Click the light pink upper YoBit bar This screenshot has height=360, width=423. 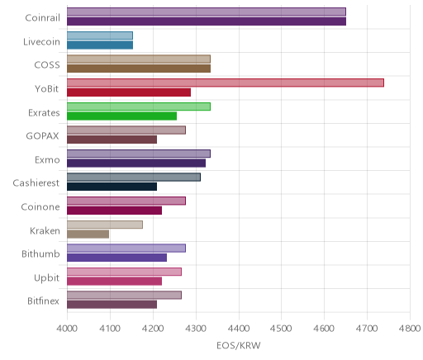[x=226, y=83]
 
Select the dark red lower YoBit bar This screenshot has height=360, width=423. [x=129, y=92]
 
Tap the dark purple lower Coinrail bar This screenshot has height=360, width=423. [x=207, y=21]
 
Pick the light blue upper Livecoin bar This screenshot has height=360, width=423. [x=100, y=36]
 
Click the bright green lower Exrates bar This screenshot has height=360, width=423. [x=121, y=116]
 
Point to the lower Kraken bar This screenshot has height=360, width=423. [x=88, y=234]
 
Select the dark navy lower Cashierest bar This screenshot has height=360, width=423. [x=112, y=187]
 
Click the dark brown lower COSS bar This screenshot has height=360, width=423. [x=139, y=69]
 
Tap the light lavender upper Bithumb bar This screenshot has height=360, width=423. [x=126, y=248]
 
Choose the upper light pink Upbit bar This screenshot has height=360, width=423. [x=124, y=272]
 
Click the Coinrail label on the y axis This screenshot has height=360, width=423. [x=42, y=18]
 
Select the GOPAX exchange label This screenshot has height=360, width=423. [x=42, y=136]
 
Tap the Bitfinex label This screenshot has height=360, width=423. [x=43, y=301]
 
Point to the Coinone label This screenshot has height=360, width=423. [x=40, y=206]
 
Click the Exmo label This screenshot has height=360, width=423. [x=47, y=160]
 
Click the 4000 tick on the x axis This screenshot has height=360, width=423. [x=67, y=329]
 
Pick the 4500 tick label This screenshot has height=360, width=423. [x=281, y=329]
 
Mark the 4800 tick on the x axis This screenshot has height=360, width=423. [x=410, y=329]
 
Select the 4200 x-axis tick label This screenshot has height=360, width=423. [x=153, y=329]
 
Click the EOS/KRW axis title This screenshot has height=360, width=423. [x=239, y=345]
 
